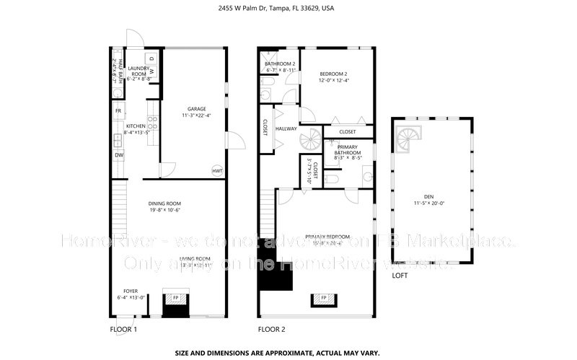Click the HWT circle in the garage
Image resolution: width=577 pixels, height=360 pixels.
tap(216, 171)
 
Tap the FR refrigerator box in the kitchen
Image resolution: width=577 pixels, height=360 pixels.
tap(118, 111)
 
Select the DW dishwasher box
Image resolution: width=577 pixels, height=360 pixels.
tap(118, 155)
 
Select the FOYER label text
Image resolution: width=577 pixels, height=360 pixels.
tap(131, 291)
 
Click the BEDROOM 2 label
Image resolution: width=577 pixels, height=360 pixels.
tap(334, 74)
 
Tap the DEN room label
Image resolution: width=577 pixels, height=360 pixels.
tap(429, 199)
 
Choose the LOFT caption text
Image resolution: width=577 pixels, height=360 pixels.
tap(400, 276)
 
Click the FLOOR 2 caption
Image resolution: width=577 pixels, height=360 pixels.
tap(272, 330)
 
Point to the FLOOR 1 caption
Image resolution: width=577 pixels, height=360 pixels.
tap(123, 330)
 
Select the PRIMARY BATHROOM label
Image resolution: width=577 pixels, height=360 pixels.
tap(348, 150)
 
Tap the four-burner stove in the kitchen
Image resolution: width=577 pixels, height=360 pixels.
tap(152, 126)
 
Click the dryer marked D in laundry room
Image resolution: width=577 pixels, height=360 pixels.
tap(151, 58)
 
